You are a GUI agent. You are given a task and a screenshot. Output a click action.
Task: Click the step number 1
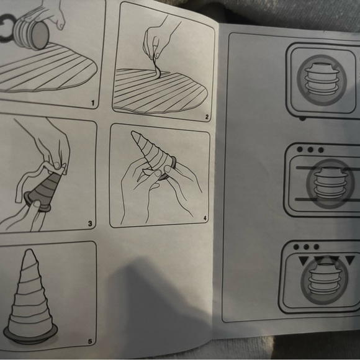[92, 103]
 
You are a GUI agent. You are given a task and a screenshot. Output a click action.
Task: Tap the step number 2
[207, 117]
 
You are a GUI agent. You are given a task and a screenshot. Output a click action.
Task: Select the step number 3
[90, 223]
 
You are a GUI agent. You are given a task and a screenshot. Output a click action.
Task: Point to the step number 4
[205, 218]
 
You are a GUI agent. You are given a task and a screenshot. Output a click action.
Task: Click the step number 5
[90, 341]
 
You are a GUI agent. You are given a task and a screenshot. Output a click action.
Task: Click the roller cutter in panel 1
[31, 34]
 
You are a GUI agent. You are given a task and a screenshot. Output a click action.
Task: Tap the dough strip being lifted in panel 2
[156, 66]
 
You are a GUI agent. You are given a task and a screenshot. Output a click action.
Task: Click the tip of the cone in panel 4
[133, 132]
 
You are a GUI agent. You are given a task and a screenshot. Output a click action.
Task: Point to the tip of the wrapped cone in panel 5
[29, 251]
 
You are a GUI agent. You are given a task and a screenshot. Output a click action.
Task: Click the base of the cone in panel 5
[30, 336]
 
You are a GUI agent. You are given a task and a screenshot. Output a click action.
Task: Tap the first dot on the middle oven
[300, 150]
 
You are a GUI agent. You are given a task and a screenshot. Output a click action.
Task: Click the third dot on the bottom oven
[316, 247]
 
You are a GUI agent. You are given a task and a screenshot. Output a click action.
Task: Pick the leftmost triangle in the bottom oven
[304, 261]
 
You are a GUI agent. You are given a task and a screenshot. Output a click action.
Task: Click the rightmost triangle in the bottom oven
[349, 260]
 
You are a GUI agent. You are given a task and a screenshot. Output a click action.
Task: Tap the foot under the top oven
[302, 119]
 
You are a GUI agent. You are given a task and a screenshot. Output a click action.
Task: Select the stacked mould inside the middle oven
[330, 182]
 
